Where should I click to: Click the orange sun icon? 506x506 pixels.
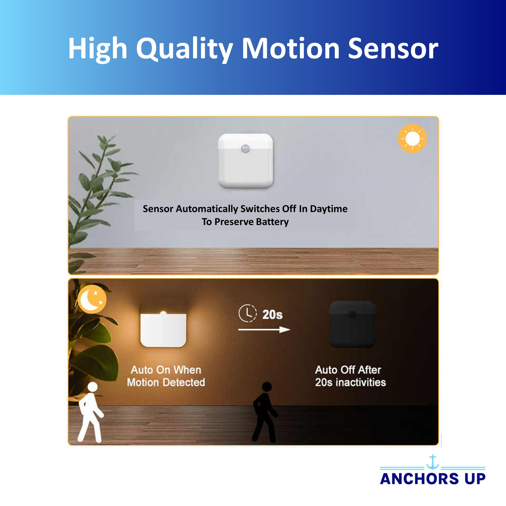[412, 138]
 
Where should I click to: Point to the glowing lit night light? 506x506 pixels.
[163, 329]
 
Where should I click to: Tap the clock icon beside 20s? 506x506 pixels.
[247, 314]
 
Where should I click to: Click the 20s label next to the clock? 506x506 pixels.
[272, 314]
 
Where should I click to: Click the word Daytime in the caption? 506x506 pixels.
[329, 209]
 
